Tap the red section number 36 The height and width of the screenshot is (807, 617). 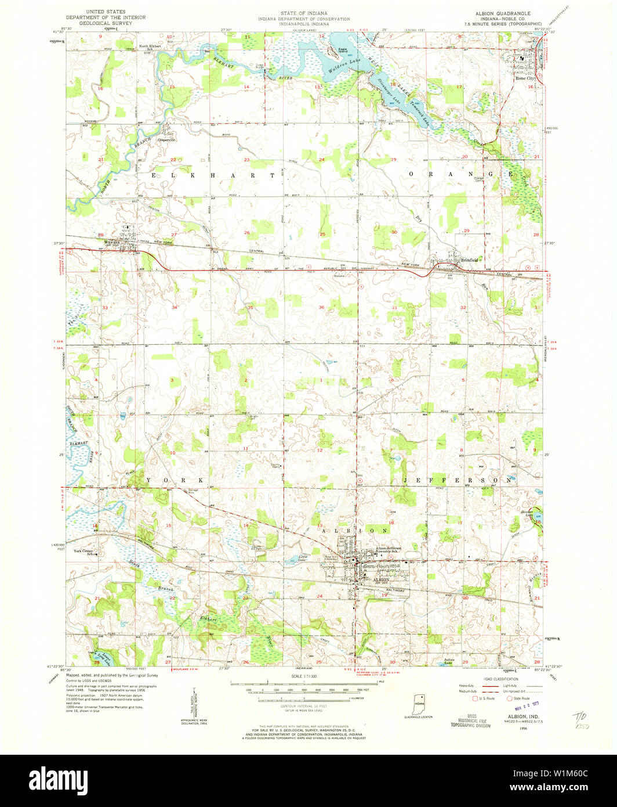(321, 307)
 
